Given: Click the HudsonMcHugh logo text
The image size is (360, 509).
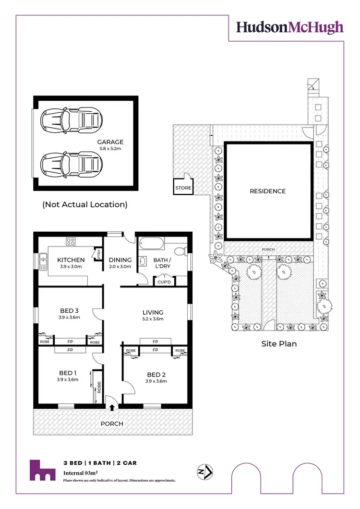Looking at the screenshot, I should [x=289, y=27].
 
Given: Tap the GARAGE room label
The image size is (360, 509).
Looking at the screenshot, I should [x=110, y=142].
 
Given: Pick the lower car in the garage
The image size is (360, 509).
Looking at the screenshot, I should [x=72, y=165].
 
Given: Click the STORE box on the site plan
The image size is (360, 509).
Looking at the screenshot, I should [x=183, y=188].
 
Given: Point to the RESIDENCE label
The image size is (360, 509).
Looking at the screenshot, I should [x=267, y=191].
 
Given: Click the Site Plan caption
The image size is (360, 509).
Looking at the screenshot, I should [x=279, y=343].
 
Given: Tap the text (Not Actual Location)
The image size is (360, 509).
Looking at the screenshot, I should [x=85, y=204].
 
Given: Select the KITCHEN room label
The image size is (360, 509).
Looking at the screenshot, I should [x=71, y=260].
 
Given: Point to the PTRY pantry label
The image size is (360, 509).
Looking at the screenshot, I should [x=98, y=254].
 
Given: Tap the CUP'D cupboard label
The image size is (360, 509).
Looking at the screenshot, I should [x=164, y=282].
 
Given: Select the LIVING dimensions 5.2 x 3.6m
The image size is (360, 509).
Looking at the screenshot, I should [x=153, y=319].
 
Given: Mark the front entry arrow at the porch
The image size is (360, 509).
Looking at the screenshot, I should [x=112, y=408].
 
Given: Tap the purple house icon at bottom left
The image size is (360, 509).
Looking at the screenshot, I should [x=42, y=470].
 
